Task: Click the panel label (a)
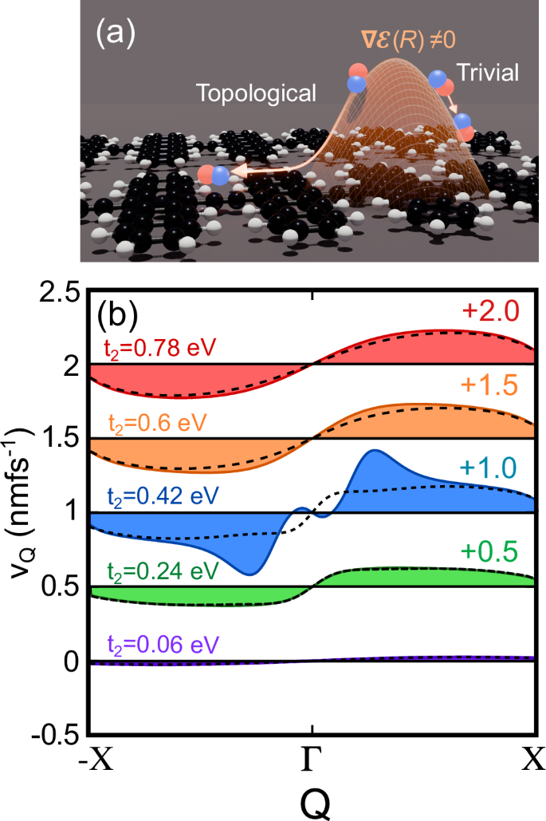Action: tap(114, 34)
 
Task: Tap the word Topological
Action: tap(257, 94)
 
